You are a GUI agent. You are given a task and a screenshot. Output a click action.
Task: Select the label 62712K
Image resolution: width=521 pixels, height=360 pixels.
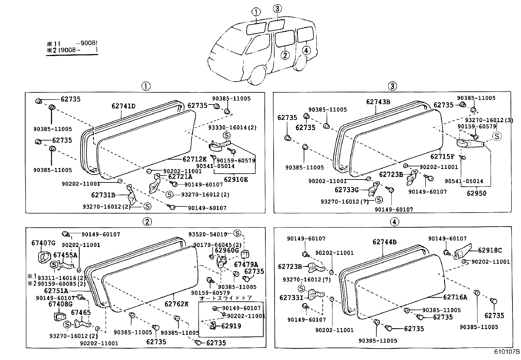tap(194, 159)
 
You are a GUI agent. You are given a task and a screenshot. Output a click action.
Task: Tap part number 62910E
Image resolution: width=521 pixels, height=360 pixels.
tap(236, 180)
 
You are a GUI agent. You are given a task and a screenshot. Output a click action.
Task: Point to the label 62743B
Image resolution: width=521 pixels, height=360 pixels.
tap(378, 102)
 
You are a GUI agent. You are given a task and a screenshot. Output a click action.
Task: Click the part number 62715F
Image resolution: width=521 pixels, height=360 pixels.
tap(442, 157)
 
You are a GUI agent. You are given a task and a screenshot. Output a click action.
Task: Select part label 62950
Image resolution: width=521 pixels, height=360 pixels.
tap(476, 193)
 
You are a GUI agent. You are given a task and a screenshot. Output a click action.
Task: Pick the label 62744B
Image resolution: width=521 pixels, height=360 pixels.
tap(385, 242)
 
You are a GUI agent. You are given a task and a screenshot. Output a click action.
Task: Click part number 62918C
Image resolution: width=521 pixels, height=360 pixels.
tap(490, 250)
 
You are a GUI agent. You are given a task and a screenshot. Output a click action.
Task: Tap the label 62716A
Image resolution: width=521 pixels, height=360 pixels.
tap(455, 297)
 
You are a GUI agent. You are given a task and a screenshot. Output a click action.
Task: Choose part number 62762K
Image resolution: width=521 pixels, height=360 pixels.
tap(176, 304)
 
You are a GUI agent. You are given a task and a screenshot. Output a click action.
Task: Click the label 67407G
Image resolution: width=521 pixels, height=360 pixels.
tap(44, 243)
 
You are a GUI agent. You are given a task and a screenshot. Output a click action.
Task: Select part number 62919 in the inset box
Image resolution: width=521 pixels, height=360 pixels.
tap(231, 326)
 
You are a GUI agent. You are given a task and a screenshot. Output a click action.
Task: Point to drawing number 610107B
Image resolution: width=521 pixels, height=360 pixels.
tap(507, 352)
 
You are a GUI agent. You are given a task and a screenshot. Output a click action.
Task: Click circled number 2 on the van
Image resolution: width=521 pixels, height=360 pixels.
tap(285, 55)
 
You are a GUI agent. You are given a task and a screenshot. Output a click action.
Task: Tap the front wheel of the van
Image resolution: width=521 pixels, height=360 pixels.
tap(259, 78)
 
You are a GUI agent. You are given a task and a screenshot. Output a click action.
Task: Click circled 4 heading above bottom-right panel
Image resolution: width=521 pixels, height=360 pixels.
tap(394, 222)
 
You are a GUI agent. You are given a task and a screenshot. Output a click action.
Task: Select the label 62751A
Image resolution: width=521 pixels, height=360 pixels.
tap(56, 291)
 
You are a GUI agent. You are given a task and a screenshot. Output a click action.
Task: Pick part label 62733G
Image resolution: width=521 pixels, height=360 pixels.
tap(347, 190)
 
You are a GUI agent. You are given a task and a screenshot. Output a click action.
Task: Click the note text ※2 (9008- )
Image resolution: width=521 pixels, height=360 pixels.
tap(72, 50)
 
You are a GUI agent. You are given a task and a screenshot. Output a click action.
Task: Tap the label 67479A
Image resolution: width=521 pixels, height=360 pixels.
tap(246, 264)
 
